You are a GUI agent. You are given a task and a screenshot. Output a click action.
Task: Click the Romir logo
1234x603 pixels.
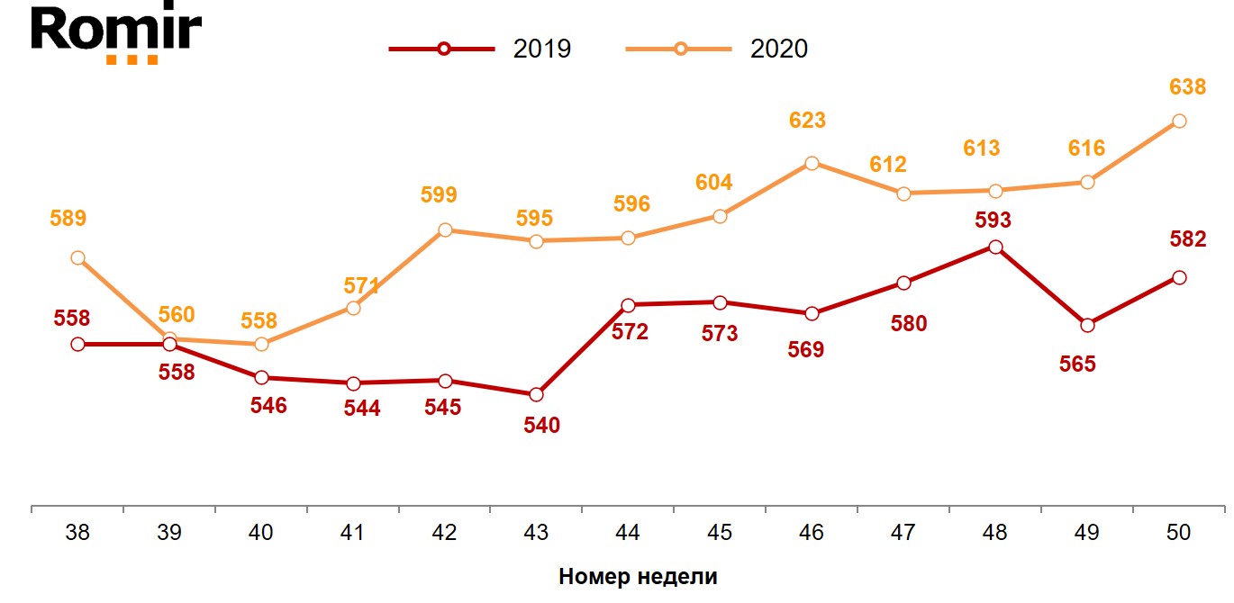(115, 33)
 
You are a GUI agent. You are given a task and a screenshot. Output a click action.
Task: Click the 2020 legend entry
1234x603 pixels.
(717, 49)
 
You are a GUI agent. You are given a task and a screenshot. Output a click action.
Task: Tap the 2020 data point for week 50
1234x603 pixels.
(1179, 121)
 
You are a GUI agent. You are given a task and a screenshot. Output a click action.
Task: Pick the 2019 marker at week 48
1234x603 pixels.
(995, 247)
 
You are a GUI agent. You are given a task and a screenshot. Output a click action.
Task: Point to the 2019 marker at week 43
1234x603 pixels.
(537, 394)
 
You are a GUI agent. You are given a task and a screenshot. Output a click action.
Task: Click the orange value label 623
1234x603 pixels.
(807, 121)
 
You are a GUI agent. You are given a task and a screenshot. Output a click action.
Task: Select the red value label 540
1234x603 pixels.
(541, 425)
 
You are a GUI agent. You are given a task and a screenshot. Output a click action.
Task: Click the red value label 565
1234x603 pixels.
(1077, 364)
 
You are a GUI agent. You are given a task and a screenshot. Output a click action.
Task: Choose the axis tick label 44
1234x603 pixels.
(628, 533)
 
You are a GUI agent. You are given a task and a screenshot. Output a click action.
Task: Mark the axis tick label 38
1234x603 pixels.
(77, 533)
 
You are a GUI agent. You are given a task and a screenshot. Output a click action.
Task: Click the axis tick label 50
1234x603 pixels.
(1178, 533)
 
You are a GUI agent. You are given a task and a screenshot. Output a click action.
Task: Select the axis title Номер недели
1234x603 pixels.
(638, 577)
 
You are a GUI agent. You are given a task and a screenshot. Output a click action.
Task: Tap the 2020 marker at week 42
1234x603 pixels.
(445, 230)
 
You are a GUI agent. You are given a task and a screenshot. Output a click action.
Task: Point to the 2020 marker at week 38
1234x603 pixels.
(77, 258)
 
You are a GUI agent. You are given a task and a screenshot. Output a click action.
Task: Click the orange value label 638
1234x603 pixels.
(1187, 87)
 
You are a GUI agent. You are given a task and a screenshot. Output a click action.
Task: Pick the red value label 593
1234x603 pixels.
(994, 220)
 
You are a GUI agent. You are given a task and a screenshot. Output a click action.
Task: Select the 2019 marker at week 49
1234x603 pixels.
(1087, 325)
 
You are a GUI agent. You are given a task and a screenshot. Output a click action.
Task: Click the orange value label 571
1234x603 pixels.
(361, 286)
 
